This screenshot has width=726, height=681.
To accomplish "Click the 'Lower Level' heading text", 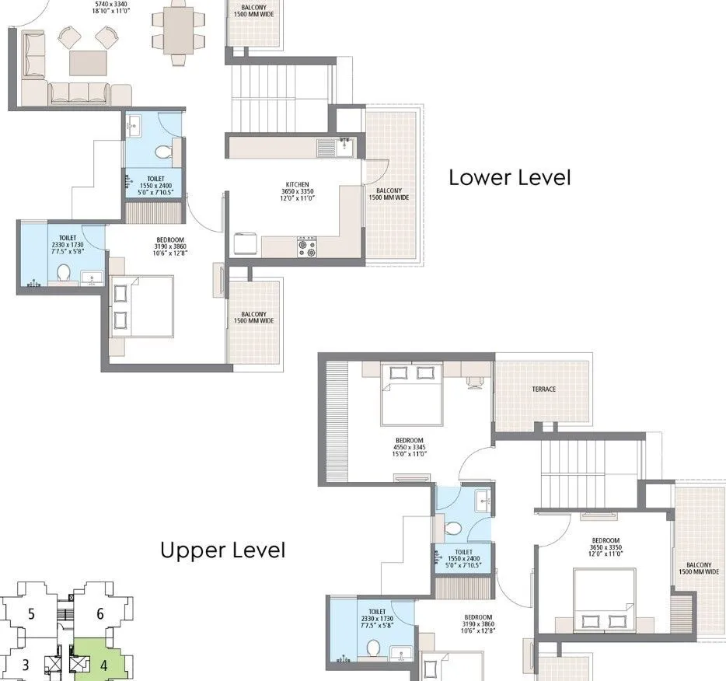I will [509, 177].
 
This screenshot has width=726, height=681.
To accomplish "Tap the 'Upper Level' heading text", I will [222, 550].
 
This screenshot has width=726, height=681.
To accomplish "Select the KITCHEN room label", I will [297, 185].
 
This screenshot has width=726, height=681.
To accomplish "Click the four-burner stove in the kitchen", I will [307, 247].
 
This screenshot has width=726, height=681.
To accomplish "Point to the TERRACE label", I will [543, 389].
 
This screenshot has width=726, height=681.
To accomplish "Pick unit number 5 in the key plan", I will [31, 614].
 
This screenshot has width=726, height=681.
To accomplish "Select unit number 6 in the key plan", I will [100, 614].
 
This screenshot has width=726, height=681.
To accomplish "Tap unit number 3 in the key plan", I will [26, 665].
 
